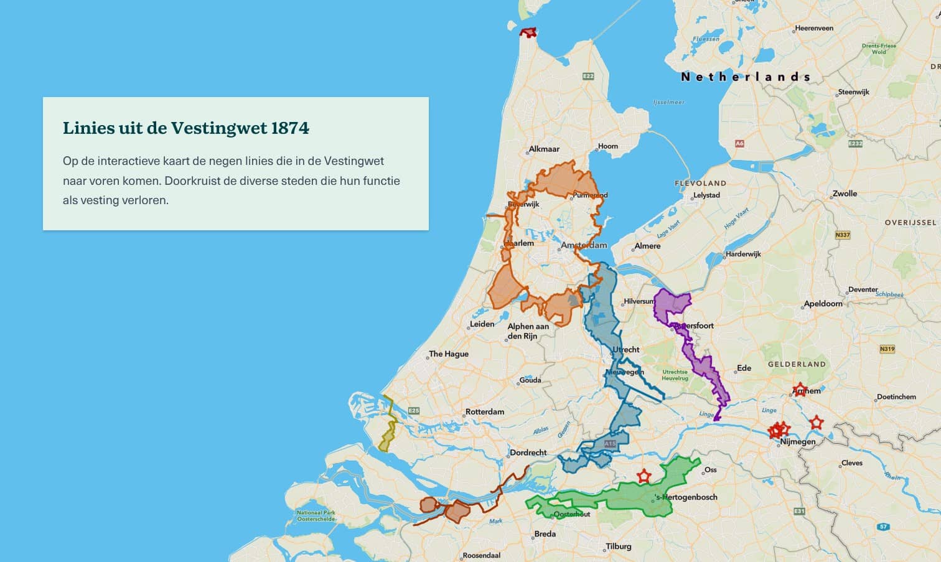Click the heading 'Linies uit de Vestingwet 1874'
point(185,128)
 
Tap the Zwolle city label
point(845,194)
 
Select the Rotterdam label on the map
point(485,412)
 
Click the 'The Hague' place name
point(449,354)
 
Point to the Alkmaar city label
point(544,149)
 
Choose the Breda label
point(545,534)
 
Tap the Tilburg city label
point(619,546)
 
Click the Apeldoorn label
point(823,304)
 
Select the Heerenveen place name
point(814,28)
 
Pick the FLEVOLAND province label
point(700,184)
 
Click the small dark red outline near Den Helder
point(528,32)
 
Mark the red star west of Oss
point(644,477)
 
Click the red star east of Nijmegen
point(817,423)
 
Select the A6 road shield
point(739,144)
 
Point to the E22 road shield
point(588,76)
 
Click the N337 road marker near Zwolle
point(842,235)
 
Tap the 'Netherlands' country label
point(746,77)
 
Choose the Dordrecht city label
point(528,453)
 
